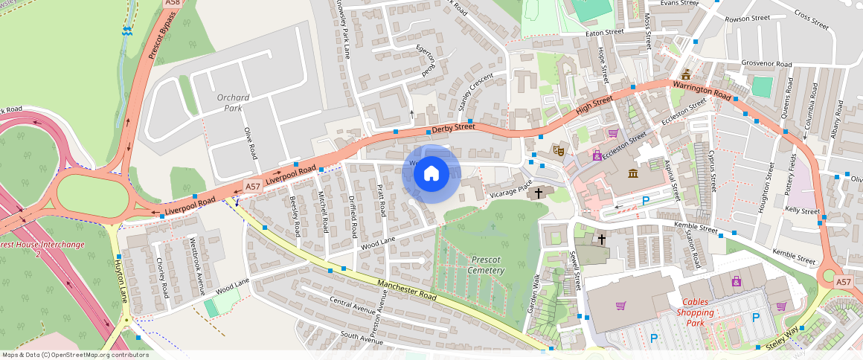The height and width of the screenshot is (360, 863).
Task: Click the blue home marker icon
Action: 431,174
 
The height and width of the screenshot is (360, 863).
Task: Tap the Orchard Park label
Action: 234,103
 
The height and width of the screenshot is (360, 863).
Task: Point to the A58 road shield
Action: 173,4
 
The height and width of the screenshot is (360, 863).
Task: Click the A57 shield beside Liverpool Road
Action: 251,187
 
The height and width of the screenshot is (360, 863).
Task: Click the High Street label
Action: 594,105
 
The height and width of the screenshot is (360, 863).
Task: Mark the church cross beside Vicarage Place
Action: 539,193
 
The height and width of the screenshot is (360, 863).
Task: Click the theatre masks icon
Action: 559,150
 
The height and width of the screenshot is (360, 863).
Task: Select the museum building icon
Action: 632,173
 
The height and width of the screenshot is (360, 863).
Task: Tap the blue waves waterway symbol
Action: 127,30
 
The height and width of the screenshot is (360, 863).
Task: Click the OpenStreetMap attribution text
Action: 75,355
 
